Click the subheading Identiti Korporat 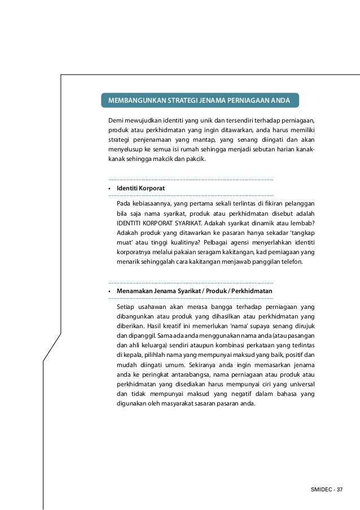coord(141,187)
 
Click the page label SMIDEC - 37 coord(327,489)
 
